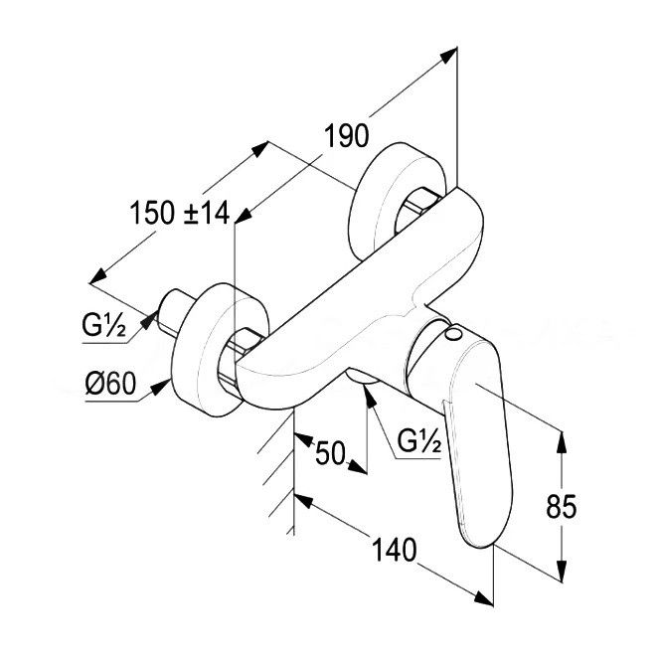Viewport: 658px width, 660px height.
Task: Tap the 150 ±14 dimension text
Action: tap(179, 213)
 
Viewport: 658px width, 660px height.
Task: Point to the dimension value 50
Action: tap(332, 454)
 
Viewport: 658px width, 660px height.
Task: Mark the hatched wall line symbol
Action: tap(277, 467)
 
